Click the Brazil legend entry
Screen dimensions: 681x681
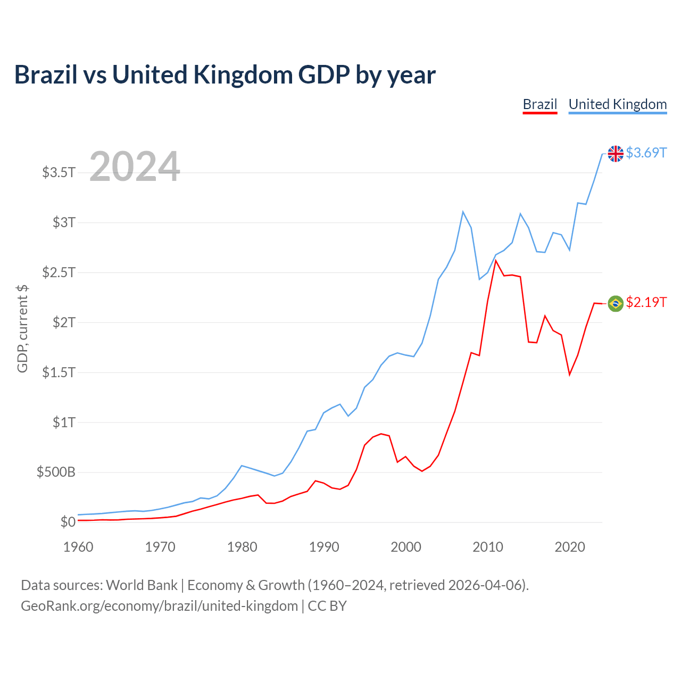pyautogui.click(x=539, y=104)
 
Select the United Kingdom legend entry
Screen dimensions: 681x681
pyautogui.click(x=617, y=104)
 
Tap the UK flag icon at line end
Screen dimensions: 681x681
pyautogui.click(x=616, y=153)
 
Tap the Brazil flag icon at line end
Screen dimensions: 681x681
pyautogui.click(x=616, y=303)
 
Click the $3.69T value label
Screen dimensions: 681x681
pyautogui.click(x=646, y=153)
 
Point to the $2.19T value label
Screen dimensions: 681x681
pyautogui.click(x=646, y=302)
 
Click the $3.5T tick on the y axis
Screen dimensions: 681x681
pyautogui.click(x=59, y=172)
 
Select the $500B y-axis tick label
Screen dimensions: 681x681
pyautogui.click(x=56, y=472)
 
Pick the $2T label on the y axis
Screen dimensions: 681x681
pyautogui.click(x=64, y=322)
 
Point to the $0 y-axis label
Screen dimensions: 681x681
pyautogui.click(x=68, y=522)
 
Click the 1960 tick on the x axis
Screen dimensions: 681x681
pyautogui.click(x=78, y=547)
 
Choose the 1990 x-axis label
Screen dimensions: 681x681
pyautogui.click(x=324, y=547)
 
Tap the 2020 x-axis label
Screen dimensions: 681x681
pyautogui.click(x=570, y=547)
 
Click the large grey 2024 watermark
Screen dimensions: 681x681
pyautogui.click(x=135, y=167)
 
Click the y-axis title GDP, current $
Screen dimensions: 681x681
pyautogui.click(x=22, y=329)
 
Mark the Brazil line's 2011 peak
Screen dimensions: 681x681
pyautogui.click(x=496, y=261)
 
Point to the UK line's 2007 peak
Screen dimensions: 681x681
pyautogui.click(x=463, y=212)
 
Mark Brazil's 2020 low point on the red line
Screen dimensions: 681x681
pyautogui.click(x=569, y=375)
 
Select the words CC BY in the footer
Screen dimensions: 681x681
pyautogui.click(x=327, y=606)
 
